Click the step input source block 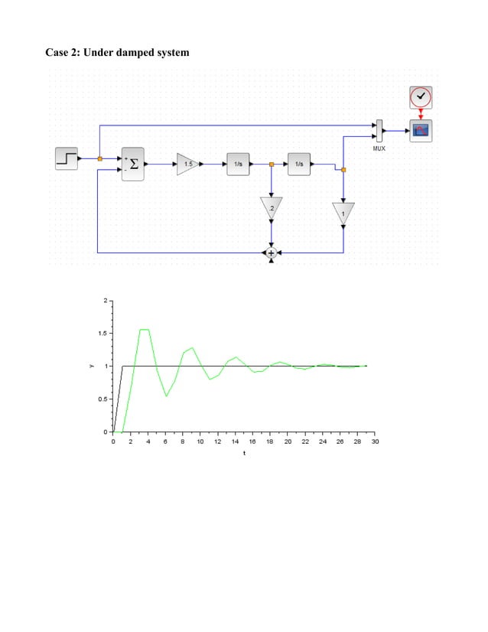pos(67,158)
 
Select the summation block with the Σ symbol pos(133,164)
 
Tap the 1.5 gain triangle pos(187,164)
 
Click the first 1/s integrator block pos(238,164)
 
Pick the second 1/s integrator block pos(299,164)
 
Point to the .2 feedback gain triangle pos(271,207)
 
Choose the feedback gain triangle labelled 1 pos(343,212)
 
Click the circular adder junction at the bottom pos(271,252)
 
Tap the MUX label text pos(379,148)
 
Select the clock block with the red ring pos(420,97)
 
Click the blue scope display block pos(420,130)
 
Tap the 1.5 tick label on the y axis pos(102,334)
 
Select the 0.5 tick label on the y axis pos(102,399)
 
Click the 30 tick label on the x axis pos(375,441)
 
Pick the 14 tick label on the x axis pos(236,441)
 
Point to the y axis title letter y pos(90,366)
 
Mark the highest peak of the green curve pos(144,330)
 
